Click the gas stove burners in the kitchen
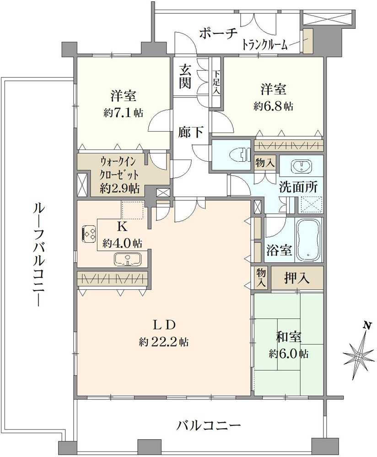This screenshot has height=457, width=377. [89, 234]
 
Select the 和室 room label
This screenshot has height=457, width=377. [289, 337]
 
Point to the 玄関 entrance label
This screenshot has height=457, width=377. [185, 77]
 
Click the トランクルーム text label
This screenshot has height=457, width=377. [265, 45]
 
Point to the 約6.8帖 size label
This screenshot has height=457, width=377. [274, 106]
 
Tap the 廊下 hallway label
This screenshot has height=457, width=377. [191, 132]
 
